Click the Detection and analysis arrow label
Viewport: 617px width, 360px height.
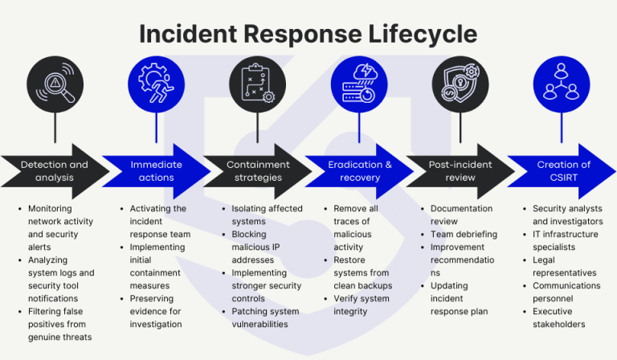coord(54,171)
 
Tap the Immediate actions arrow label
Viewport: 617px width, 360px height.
coord(156,171)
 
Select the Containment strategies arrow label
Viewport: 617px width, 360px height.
coord(257,171)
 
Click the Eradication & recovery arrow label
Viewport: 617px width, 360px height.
coord(359,171)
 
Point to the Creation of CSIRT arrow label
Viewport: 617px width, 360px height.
coord(563,171)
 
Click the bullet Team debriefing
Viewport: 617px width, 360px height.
coord(464,234)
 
